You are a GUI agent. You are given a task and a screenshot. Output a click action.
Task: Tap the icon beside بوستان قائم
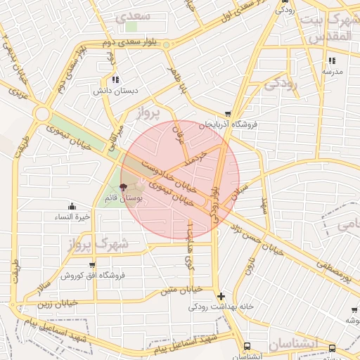[x=124, y=188]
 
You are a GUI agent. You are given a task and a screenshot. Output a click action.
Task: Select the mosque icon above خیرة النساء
[x=72, y=206]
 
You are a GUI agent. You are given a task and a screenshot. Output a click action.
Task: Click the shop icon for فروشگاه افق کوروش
[x=92, y=265]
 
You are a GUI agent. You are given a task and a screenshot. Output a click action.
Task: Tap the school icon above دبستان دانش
[x=115, y=80]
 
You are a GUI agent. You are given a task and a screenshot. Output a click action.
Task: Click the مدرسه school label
[x=332, y=71]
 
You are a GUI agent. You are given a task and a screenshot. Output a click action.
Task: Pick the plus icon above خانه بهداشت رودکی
[x=221, y=297]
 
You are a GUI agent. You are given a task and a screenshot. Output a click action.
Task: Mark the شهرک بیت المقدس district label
[x=330, y=26]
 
